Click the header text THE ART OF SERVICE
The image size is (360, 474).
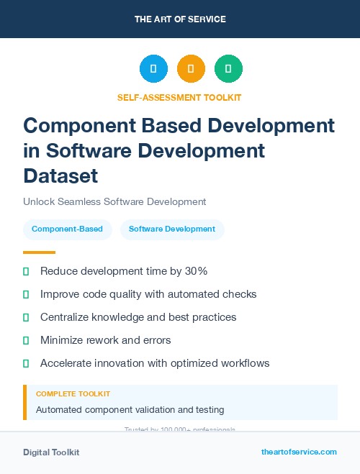(180, 19)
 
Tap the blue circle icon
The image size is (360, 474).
(153, 69)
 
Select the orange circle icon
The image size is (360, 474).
(191, 69)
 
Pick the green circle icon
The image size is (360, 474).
(228, 69)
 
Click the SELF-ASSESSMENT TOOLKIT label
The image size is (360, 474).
(179, 97)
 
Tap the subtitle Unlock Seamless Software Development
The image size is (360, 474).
(114, 202)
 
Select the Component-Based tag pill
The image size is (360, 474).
(68, 229)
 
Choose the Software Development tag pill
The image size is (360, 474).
(172, 229)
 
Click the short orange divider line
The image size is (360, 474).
(39, 252)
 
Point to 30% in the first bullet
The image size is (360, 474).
(194, 271)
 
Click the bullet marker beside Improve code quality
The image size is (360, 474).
(26, 294)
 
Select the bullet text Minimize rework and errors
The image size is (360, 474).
(106, 340)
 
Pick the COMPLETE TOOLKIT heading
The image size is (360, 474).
(73, 394)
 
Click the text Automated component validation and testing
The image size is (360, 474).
(130, 410)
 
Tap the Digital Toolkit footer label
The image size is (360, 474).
(51, 452)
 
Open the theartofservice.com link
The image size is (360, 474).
(299, 452)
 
